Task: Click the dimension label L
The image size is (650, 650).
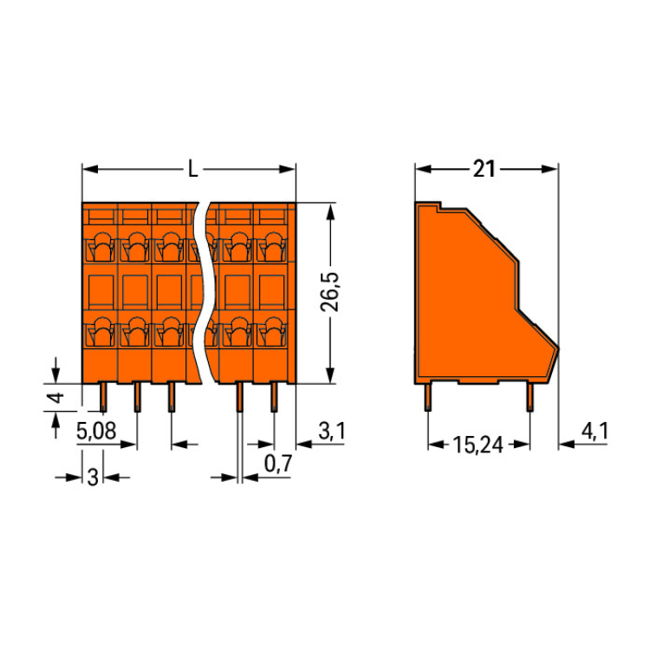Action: coord(192,169)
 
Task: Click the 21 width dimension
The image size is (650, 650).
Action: coord(484,169)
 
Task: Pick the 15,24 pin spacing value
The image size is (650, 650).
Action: coord(479,445)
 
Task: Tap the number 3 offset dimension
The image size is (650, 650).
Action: coord(93,477)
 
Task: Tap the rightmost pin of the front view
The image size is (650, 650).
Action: coord(275,398)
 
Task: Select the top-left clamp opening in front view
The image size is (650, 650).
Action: coord(100,249)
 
